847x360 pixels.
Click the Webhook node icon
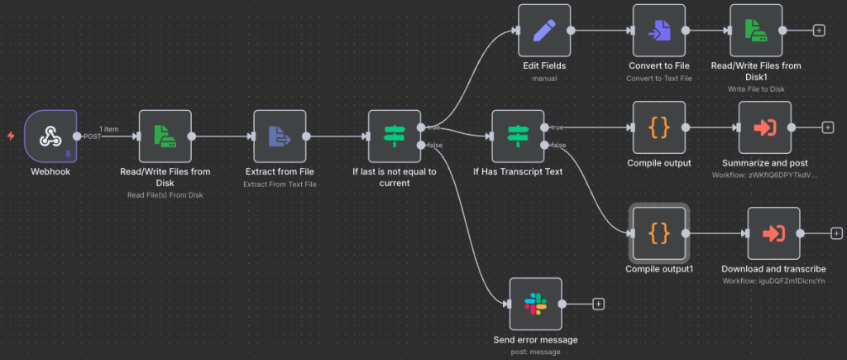pos(50,137)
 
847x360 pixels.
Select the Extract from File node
pos(280,137)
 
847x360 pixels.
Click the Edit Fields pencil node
pos(543,31)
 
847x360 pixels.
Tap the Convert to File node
pos(659,31)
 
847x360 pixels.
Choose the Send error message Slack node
pos(535,304)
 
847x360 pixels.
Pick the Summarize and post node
pos(764,127)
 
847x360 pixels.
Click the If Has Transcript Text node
pos(518,137)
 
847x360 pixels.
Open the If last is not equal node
pos(395,137)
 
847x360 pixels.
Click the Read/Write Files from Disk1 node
pos(756,31)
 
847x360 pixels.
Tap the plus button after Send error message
pos(599,304)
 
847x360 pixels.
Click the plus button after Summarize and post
pos(827,127)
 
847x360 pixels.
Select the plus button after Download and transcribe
pos(836,234)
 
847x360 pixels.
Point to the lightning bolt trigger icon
pos(11,136)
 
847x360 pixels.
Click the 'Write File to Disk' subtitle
pos(756,89)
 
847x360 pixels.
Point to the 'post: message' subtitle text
pos(535,352)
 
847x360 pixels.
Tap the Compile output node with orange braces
pos(659,127)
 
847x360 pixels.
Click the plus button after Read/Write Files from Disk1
pos(819,31)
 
